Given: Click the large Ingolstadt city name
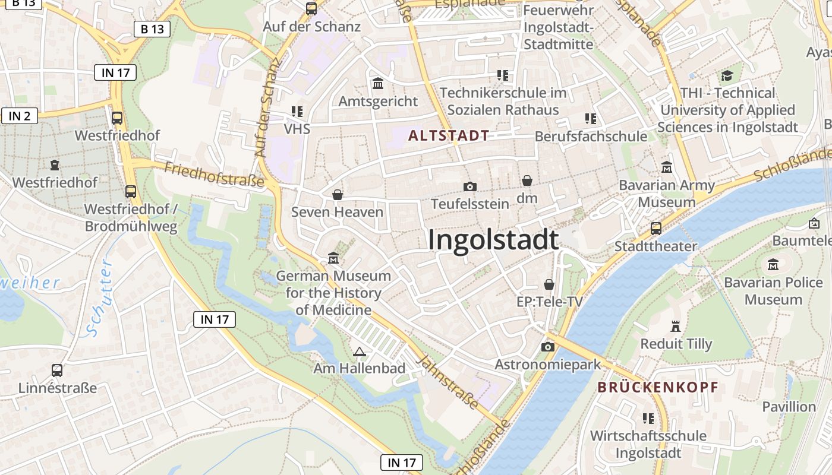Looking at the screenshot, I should point(493,240).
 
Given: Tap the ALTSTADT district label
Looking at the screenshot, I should point(449,135).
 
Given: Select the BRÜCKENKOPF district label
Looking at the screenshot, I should point(658,387).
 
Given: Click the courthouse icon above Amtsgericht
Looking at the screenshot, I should point(378,84).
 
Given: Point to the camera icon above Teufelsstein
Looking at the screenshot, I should point(469,186).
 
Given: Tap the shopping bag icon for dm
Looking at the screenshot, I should point(527,180).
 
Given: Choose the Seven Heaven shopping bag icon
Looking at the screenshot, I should point(337,195).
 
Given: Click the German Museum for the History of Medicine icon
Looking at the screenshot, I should point(333,258).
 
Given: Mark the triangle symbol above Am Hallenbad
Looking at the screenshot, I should point(359,351).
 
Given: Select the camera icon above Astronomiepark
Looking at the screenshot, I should point(547,347).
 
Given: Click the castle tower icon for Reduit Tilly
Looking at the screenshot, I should point(676,326).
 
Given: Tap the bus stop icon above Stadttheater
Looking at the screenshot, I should point(656,228).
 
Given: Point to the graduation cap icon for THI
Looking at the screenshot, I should point(727,75).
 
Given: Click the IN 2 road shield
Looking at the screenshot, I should point(20,116).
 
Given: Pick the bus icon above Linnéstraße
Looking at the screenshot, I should point(57,370).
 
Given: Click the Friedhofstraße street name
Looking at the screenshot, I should point(214,175).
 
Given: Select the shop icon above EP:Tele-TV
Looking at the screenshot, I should point(549,284).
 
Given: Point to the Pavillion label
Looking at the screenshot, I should point(789,407).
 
